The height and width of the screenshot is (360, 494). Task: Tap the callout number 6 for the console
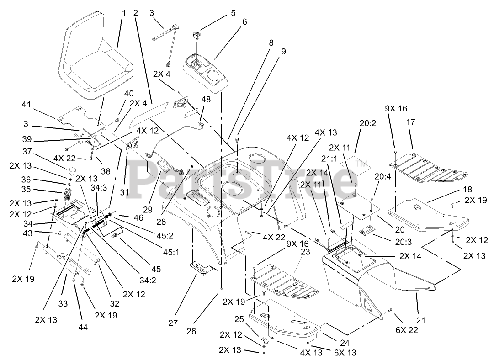point(245,22)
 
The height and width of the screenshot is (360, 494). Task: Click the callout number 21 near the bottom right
point(421,321)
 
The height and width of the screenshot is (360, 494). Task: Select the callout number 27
point(172,323)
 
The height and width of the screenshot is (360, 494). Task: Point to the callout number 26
point(191,331)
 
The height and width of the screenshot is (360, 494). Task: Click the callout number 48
point(206,99)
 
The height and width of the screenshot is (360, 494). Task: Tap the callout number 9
point(283,51)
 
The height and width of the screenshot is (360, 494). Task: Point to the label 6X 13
point(346,352)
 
